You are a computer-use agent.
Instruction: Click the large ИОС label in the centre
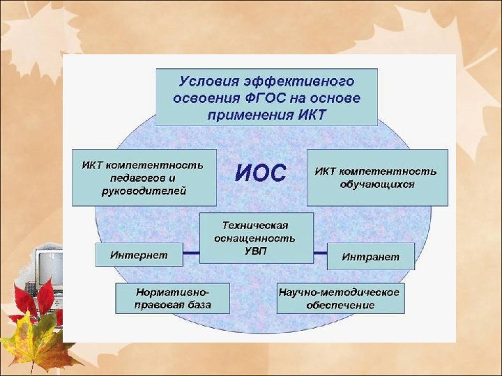pyautogui.click(x=260, y=173)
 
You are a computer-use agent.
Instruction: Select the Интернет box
pyautogui.click(x=139, y=255)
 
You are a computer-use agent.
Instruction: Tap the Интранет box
pyautogui.click(x=370, y=257)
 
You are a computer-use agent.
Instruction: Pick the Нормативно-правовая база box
pyautogui.click(x=172, y=299)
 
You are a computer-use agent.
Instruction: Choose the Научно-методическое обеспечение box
pyautogui.click(x=340, y=299)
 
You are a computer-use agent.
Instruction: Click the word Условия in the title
pyautogui.click(x=206, y=82)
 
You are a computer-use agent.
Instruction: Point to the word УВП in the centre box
pyautogui.click(x=255, y=251)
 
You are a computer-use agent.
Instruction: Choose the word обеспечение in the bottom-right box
pyautogui.click(x=340, y=306)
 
